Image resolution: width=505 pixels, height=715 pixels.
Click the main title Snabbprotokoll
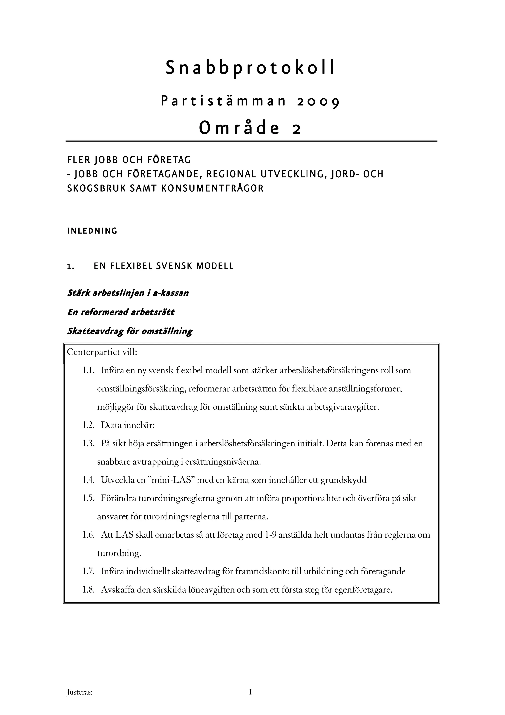(250, 68)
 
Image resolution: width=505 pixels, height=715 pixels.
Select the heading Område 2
(250, 128)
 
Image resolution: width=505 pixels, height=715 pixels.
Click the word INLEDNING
(92, 231)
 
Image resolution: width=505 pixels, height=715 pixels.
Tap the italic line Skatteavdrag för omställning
(130, 331)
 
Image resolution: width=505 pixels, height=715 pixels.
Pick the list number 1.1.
(88, 370)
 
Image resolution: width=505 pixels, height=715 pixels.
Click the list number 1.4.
(88, 480)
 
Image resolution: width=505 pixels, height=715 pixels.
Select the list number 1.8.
(88, 590)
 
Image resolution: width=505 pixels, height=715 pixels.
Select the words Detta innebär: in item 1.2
(127, 425)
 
